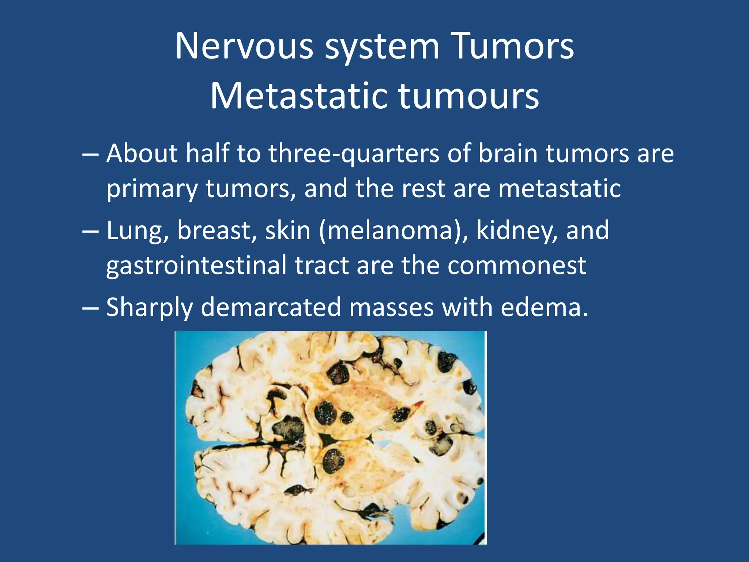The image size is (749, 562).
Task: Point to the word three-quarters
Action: [354, 154]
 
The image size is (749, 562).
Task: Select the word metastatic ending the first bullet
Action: [559, 189]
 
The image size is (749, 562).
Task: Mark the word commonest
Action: [517, 265]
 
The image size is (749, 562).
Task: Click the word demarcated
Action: [271, 307]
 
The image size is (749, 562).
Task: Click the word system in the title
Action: [382, 46]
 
